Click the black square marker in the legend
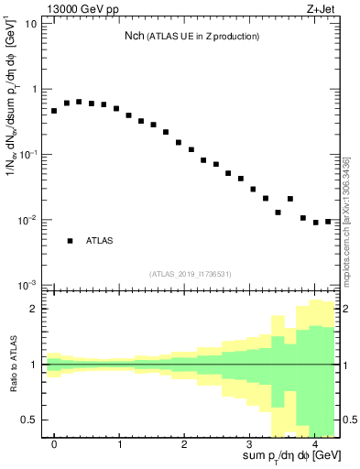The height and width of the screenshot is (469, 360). (70, 240)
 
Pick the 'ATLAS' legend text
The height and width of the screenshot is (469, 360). (99, 240)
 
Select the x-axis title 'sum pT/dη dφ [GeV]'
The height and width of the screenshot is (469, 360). (290, 455)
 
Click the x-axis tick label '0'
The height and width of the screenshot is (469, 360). (54, 444)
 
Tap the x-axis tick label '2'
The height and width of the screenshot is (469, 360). (184, 444)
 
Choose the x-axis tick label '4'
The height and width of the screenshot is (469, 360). (314, 444)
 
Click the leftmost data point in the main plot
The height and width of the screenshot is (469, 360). (54, 111)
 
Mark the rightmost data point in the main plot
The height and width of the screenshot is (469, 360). (328, 221)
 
